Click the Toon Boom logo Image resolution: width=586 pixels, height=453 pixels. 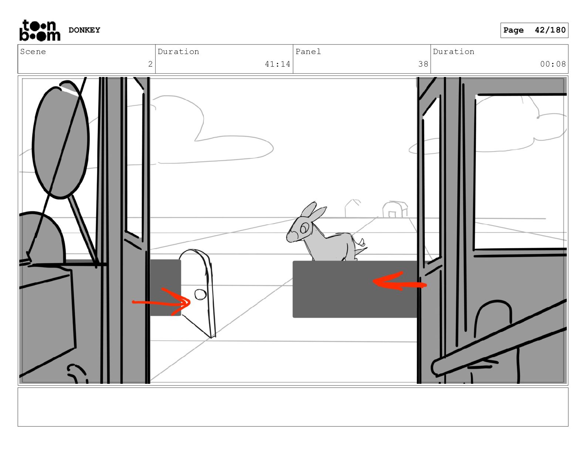(x=40, y=30)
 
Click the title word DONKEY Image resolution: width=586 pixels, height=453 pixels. (x=84, y=30)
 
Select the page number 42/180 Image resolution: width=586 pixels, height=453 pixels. (x=550, y=30)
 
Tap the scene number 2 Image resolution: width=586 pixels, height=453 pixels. (x=150, y=64)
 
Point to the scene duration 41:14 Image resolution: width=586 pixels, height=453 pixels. (x=277, y=64)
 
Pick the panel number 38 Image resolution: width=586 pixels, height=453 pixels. (x=423, y=64)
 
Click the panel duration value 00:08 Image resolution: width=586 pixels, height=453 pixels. (x=553, y=64)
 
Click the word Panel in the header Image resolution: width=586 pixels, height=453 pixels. (x=308, y=51)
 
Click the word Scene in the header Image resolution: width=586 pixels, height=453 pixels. (x=33, y=51)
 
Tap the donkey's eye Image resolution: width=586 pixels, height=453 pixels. (x=304, y=228)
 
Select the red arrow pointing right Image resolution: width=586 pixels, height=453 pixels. (x=161, y=302)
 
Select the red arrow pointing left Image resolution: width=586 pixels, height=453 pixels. (x=399, y=281)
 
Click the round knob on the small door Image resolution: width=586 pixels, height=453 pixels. (x=201, y=294)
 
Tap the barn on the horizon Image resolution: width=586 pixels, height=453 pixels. (x=395, y=209)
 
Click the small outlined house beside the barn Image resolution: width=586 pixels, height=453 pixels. (x=352, y=208)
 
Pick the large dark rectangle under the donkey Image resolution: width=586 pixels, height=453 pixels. (x=355, y=289)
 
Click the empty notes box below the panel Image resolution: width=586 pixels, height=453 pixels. (x=293, y=407)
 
